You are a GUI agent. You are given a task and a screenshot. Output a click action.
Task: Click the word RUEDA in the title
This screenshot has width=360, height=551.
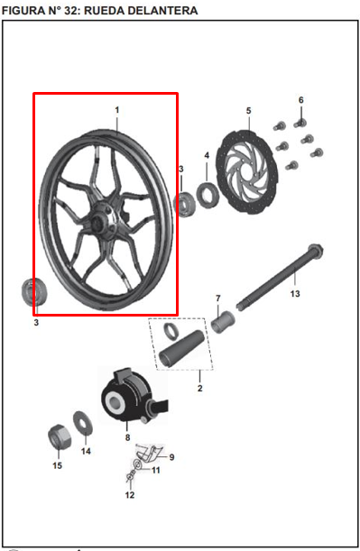(x=104, y=11)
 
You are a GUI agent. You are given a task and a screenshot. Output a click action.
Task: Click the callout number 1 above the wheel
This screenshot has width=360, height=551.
(x=117, y=110)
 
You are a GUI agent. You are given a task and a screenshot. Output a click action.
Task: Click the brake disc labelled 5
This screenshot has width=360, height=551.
(x=247, y=172)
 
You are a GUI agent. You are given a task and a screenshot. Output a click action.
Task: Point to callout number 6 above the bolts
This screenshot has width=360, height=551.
(x=301, y=100)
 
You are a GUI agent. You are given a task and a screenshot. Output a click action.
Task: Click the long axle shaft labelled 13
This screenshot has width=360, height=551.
(x=280, y=275)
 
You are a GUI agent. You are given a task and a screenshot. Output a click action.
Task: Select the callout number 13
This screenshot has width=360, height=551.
(x=295, y=293)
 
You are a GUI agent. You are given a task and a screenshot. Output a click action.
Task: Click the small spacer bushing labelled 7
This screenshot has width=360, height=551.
(x=223, y=322)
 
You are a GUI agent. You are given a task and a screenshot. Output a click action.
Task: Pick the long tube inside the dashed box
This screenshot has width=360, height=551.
(x=181, y=349)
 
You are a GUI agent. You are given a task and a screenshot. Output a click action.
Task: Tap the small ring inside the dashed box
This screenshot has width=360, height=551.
(x=171, y=331)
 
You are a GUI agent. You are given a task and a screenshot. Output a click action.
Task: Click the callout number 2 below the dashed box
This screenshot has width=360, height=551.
(x=200, y=389)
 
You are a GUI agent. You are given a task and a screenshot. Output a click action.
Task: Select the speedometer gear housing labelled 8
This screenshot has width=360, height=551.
(x=134, y=395)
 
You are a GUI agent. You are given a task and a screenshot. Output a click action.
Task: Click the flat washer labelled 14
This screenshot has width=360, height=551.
(x=83, y=423)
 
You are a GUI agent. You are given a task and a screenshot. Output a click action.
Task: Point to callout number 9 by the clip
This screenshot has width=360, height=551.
(x=171, y=457)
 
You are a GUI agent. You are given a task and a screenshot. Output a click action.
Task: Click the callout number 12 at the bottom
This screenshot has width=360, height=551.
(x=130, y=495)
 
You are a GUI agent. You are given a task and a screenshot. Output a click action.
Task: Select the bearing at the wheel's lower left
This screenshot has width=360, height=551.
(x=33, y=291)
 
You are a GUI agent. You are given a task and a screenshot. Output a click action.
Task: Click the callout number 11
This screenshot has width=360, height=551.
(x=156, y=470)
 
